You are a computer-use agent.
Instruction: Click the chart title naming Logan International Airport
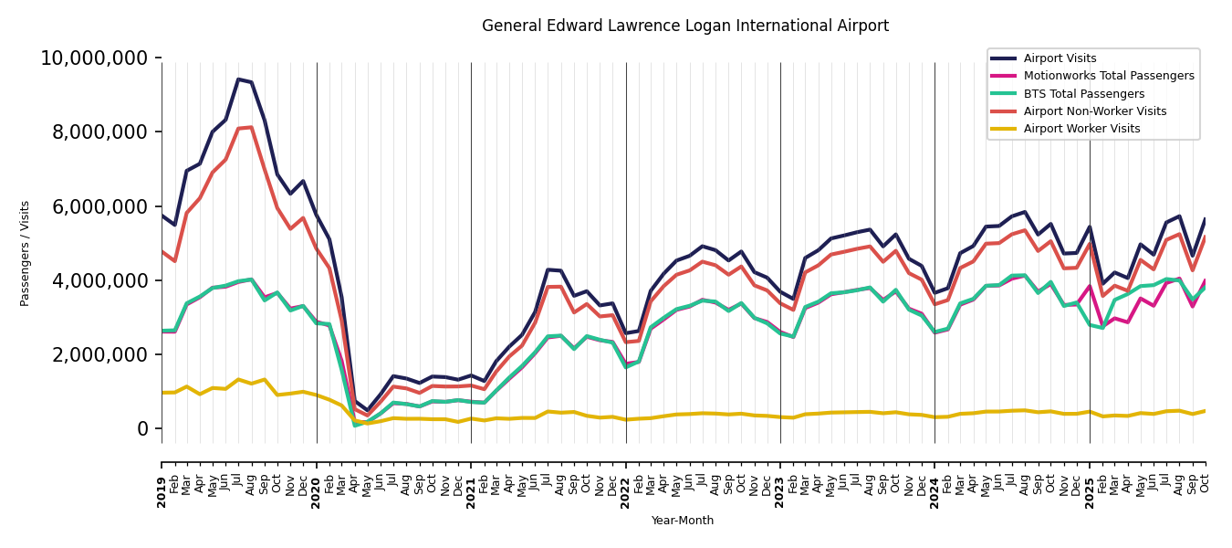tap(684, 26)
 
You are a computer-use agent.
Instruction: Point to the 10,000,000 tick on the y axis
tap(93, 58)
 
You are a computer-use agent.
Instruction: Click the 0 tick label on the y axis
tap(141, 428)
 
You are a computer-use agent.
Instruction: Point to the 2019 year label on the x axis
tap(162, 492)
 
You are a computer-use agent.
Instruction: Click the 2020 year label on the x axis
tap(317, 492)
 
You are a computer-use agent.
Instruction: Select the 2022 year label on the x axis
tap(626, 492)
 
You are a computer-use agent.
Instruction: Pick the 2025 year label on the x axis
tap(1090, 492)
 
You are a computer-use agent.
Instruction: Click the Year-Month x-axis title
tap(683, 521)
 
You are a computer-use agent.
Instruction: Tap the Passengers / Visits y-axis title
tap(26, 253)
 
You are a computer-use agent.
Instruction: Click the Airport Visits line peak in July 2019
tap(238, 79)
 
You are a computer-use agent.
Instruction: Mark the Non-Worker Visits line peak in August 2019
tap(252, 127)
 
